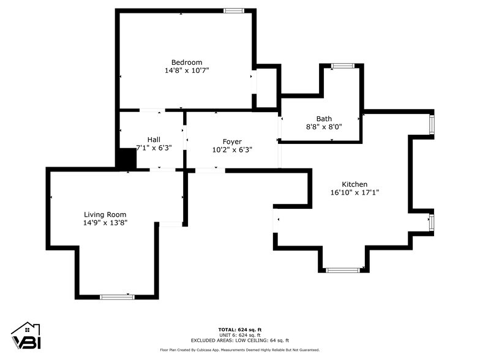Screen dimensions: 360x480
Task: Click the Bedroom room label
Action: (186, 62)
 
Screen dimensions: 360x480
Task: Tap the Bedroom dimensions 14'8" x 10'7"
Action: (186, 70)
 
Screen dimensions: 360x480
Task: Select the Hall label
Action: (154, 140)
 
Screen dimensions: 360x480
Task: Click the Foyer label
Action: (232, 141)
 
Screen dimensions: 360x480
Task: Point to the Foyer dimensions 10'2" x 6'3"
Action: (232, 149)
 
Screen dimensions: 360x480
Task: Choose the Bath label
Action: (324, 119)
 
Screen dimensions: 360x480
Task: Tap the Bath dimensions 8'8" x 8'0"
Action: (324, 127)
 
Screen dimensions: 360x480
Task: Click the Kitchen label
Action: (354, 184)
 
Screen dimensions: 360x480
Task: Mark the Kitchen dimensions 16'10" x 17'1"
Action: (354, 192)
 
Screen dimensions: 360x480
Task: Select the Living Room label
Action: (105, 215)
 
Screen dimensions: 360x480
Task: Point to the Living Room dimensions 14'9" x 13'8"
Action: (105, 223)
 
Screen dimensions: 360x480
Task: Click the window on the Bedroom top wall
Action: (233, 10)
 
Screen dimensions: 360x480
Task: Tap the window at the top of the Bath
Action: (341, 66)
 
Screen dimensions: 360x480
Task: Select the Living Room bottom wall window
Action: (117, 297)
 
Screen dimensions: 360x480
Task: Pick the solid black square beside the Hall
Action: (126, 160)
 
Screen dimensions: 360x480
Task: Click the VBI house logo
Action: (25, 336)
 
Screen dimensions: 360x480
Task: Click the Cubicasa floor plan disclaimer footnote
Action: (240, 350)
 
